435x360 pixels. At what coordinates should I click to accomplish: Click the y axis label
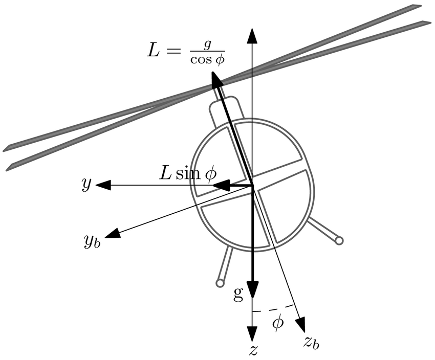pos(85,185)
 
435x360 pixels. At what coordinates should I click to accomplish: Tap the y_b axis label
pos(92,240)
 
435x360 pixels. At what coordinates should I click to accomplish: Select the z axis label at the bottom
pos(253,350)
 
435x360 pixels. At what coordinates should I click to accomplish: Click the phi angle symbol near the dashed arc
pos(277,323)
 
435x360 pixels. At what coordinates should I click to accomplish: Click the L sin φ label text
pos(187,173)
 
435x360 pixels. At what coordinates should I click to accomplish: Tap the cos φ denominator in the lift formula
pos(208,60)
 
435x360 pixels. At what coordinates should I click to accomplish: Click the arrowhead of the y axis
pos(102,185)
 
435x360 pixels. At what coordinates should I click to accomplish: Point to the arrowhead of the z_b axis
pos(300,325)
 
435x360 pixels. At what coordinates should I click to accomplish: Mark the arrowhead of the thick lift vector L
pos(215,80)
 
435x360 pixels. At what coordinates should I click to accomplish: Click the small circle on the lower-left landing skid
pos(220,283)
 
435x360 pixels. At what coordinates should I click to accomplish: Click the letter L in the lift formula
pos(154,50)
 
